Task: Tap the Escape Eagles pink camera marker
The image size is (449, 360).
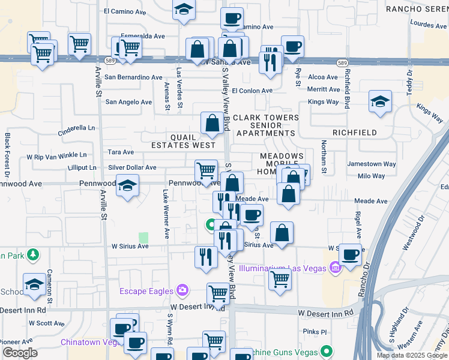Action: pos(182,292)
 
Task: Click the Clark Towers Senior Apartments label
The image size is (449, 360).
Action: pos(265,125)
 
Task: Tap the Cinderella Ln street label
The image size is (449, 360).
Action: pos(76,128)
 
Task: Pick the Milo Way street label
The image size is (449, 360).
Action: pos(371,176)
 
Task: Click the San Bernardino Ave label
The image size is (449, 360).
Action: pos(133,77)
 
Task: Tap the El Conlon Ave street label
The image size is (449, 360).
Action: pos(252,91)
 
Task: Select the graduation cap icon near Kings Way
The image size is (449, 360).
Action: pos(380,102)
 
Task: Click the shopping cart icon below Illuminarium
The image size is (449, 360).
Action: pos(280,279)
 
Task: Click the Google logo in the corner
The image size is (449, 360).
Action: pos(20,353)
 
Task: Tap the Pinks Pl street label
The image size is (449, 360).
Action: pos(315,332)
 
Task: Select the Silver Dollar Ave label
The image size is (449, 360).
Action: pos(132,168)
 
